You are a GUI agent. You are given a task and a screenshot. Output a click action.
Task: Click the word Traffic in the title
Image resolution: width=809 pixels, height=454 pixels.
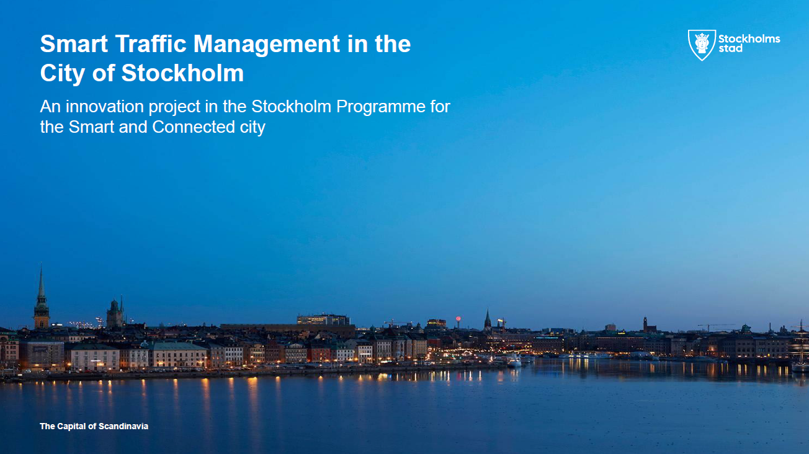[x=151, y=43]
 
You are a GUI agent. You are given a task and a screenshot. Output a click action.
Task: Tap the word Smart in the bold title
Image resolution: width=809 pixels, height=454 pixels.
[x=74, y=43]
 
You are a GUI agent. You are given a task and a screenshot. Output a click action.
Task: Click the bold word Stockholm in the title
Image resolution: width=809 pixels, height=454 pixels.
[x=182, y=73]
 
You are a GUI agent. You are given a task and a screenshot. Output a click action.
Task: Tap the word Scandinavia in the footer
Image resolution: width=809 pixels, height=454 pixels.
[x=123, y=426]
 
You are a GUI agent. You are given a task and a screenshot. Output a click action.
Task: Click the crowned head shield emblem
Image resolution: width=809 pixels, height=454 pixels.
[x=702, y=45]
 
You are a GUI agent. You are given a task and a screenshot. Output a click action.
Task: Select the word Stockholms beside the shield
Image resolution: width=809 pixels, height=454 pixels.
[x=749, y=39]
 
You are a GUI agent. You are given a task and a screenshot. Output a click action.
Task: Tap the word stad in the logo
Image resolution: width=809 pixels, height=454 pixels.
[x=730, y=48]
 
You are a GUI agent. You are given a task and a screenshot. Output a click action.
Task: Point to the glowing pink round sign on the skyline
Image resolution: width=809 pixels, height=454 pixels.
[x=458, y=319]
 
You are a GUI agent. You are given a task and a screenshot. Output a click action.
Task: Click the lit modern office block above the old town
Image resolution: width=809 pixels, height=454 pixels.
[x=323, y=319]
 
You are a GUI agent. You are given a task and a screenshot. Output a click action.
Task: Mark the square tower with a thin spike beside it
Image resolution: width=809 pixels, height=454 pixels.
[x=115, y=313]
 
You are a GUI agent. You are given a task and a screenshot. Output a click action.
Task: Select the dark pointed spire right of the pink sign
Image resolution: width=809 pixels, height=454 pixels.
[x=488, y=319]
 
